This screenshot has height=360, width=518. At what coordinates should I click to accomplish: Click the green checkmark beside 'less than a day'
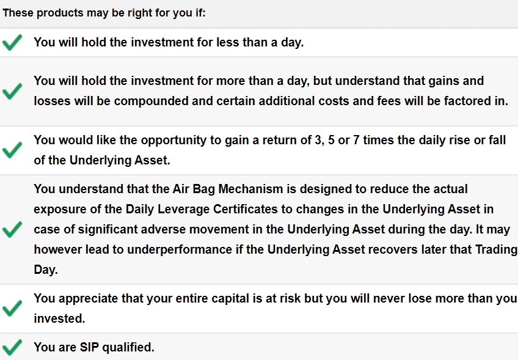(12, 42)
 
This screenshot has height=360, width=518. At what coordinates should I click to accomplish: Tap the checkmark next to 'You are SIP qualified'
(12, 347)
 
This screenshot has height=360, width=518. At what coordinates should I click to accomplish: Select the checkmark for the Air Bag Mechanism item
(12, 229)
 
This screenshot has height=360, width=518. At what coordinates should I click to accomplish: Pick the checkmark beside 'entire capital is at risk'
(12, 309)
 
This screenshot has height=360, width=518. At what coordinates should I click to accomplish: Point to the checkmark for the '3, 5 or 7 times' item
(12, 150)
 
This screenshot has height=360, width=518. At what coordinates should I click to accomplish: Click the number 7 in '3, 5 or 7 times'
(356, 140)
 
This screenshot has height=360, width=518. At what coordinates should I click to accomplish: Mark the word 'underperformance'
(180, 250)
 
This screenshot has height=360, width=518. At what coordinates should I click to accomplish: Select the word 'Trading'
(496, 250)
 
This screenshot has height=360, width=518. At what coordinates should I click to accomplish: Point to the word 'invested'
(59, 318)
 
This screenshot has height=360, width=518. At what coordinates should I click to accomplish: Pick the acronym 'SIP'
(89, 347)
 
